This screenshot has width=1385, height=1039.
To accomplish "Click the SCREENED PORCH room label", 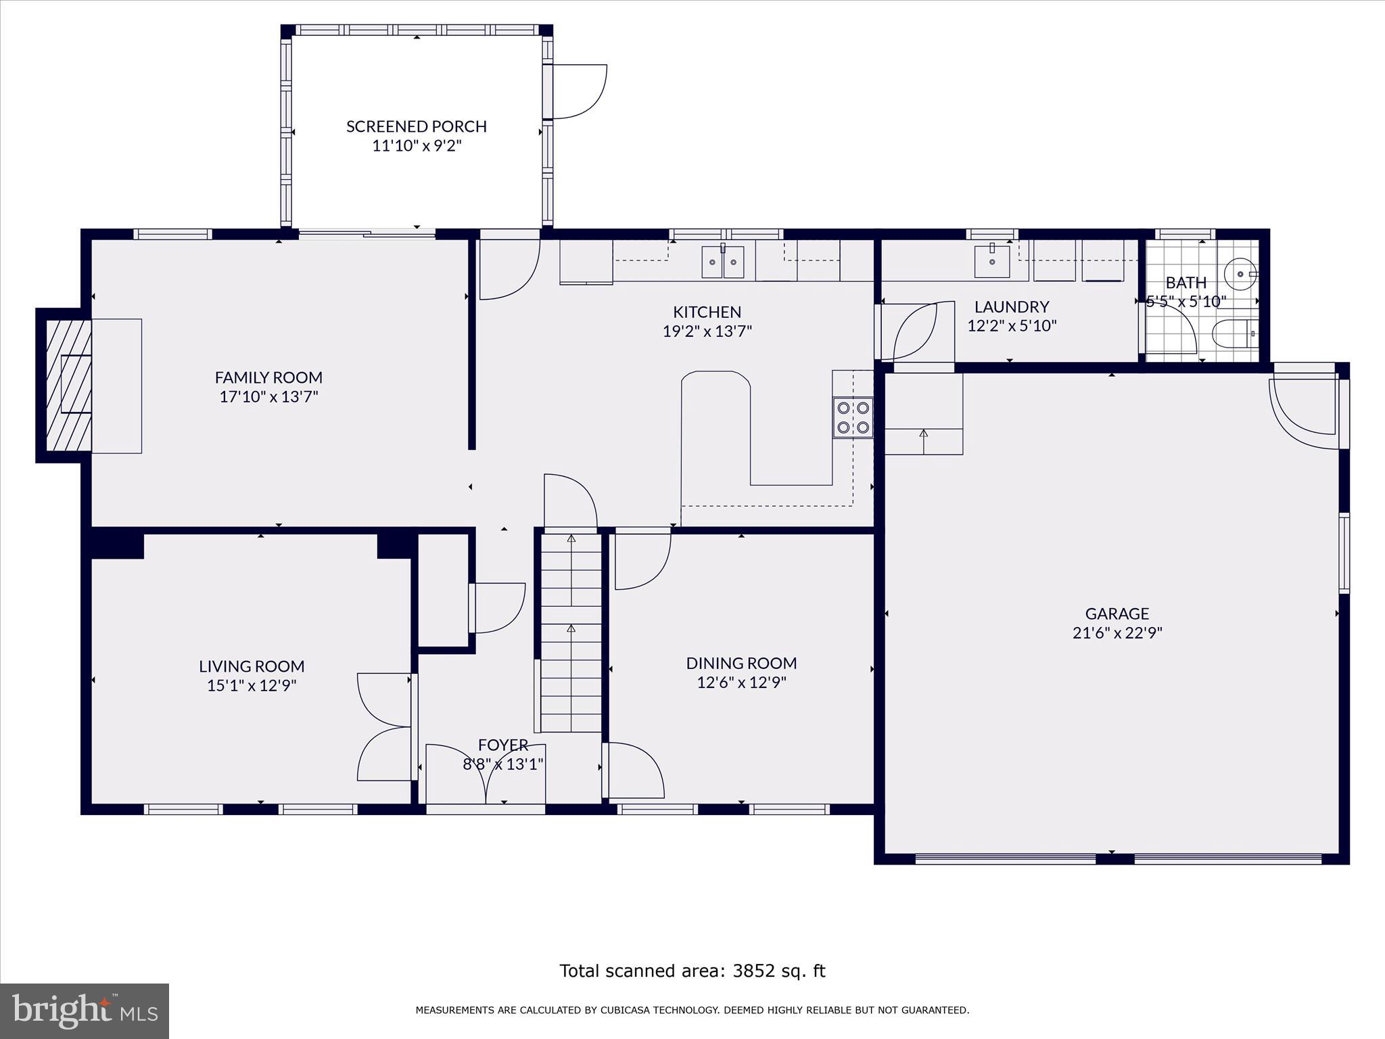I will click(x=416, y=126).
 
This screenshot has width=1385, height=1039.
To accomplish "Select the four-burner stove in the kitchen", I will click(x=853, y=417).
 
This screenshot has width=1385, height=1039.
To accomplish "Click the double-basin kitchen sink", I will click(x=722, y=262).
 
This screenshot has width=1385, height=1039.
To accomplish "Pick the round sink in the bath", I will click(x=1241, y=273).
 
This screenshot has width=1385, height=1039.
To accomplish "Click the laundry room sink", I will click(x=991, y=261).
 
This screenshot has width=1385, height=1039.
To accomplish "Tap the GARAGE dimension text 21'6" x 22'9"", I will click(x=1117, y=633).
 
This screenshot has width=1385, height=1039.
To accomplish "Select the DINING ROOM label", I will click(x=741, y=663).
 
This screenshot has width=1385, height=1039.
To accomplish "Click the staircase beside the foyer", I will click(x=571, y=632).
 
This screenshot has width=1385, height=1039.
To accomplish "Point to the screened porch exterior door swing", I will click(x=579, y=91).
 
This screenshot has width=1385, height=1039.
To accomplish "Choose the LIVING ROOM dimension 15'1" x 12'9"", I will click(x=252, y=685).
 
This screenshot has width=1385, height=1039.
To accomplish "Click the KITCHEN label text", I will click(x=707, y=312).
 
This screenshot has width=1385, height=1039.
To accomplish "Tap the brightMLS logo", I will click(x=85, y=1011).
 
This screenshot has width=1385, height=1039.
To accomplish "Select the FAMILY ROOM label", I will click(x=268, y=377).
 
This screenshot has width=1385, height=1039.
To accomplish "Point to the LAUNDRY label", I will click(x=1011, y=306).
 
